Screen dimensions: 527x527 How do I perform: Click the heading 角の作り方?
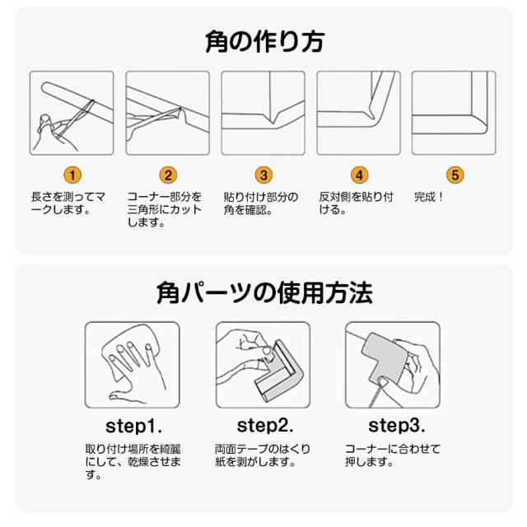[264, 42]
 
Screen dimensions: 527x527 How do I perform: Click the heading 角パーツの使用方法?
[264, 293]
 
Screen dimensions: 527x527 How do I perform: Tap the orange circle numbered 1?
[72, 175]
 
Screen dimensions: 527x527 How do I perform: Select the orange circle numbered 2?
[168, 175]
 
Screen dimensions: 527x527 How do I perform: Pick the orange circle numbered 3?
[263, 175]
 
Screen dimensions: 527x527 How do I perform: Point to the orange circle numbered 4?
[359, 175]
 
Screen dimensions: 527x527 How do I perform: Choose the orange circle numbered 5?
[455, 175]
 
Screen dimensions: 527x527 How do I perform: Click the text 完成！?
[429, 197]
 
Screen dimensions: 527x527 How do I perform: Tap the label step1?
[133, 427]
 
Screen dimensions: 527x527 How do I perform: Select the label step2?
[265, 426]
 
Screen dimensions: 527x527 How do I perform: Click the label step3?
[397, 426]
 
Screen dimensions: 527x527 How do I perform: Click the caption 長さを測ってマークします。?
[68, 203]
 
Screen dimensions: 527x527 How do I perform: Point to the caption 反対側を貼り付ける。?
[357, 203]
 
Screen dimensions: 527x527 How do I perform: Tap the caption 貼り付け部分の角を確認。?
[261, 203]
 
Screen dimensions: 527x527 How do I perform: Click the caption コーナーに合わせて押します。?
[393, 455]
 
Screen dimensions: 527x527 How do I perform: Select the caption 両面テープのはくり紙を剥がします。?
[263, 455]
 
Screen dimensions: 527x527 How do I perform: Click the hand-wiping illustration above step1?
[132, 365]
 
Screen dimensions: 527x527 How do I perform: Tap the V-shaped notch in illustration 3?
[273, 119]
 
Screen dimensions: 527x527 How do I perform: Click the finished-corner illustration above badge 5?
[454, 113]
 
